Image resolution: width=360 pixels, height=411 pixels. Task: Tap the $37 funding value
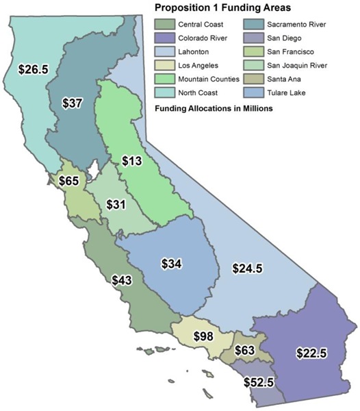(x=72, y=102)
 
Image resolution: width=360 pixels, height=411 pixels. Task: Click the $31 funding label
(x=117, y=205)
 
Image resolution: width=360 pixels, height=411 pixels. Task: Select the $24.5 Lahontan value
(x=247, y=268)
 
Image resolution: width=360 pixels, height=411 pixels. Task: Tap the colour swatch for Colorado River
(x=165, y=38)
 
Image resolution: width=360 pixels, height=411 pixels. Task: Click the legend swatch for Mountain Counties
(x=165, y=79)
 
